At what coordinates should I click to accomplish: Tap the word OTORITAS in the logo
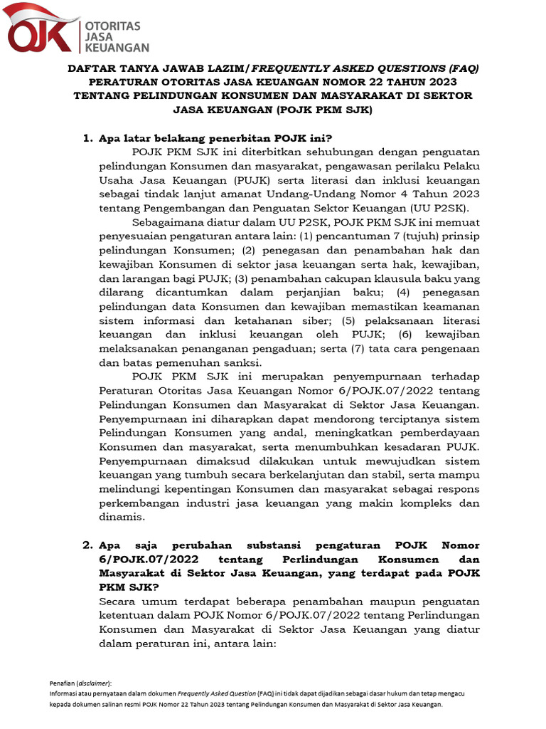pyautogui.click(x=112, y=24)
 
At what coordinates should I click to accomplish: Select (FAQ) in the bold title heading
pyautogui.click(x=464, y=68)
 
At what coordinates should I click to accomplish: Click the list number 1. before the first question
pyautogui.click(x=88, y=137)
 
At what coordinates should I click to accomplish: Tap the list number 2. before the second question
pyautogui.click(x=88, y=545)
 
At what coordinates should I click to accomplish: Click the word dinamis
pyautogui.click(x=122, y=517)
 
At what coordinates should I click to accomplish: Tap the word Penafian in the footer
pyautogui.click(x=61, y=682)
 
